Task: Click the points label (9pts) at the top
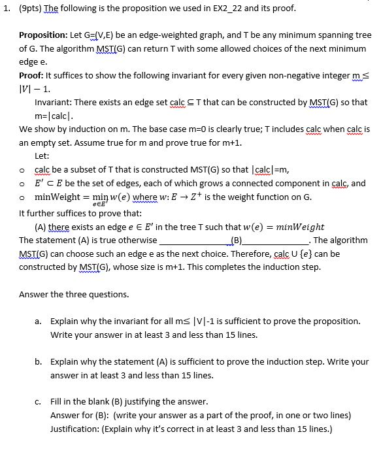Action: (31, 8)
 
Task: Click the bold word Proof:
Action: (33, 76)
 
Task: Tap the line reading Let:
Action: (42, 156)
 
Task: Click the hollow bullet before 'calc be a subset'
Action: (23, 171)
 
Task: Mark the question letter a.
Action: (39, 322)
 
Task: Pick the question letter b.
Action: (39, 361)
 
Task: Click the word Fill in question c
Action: (57, 401)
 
